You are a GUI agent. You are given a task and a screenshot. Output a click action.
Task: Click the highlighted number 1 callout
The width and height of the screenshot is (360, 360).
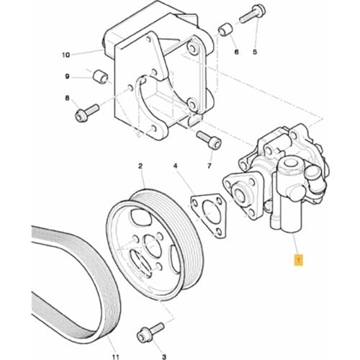click(x=297, y=258)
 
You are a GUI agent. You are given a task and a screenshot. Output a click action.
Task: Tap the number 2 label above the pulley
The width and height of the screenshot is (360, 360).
click(x=140, y=166)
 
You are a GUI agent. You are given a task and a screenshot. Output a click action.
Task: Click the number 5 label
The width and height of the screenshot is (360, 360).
click(x=254, y=53)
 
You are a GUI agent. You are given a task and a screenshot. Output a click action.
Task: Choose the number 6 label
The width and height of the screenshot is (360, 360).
click(x=235, y=53)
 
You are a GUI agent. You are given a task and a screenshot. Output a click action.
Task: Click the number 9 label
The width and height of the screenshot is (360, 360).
click(x=67, y=76)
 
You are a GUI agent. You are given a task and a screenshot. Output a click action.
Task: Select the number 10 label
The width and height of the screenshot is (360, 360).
click(x=66, y=55)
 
